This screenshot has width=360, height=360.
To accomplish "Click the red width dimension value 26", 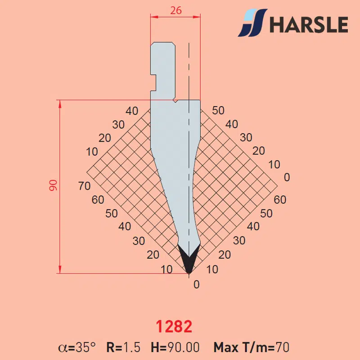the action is click(176, 10).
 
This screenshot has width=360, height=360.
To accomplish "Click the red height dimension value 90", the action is click(53, 185).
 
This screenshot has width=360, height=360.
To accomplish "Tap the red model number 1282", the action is click(174, 327).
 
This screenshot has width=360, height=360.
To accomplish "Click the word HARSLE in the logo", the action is click(309, 24).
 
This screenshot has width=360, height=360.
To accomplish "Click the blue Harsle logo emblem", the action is click(252, 23).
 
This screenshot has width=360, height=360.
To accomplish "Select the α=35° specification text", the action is click(77, 347).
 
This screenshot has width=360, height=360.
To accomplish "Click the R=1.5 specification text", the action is click(123, 347).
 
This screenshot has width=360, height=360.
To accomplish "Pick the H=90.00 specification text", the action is click(175, 347).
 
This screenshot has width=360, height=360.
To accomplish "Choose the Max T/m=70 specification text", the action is click(252, 347).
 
